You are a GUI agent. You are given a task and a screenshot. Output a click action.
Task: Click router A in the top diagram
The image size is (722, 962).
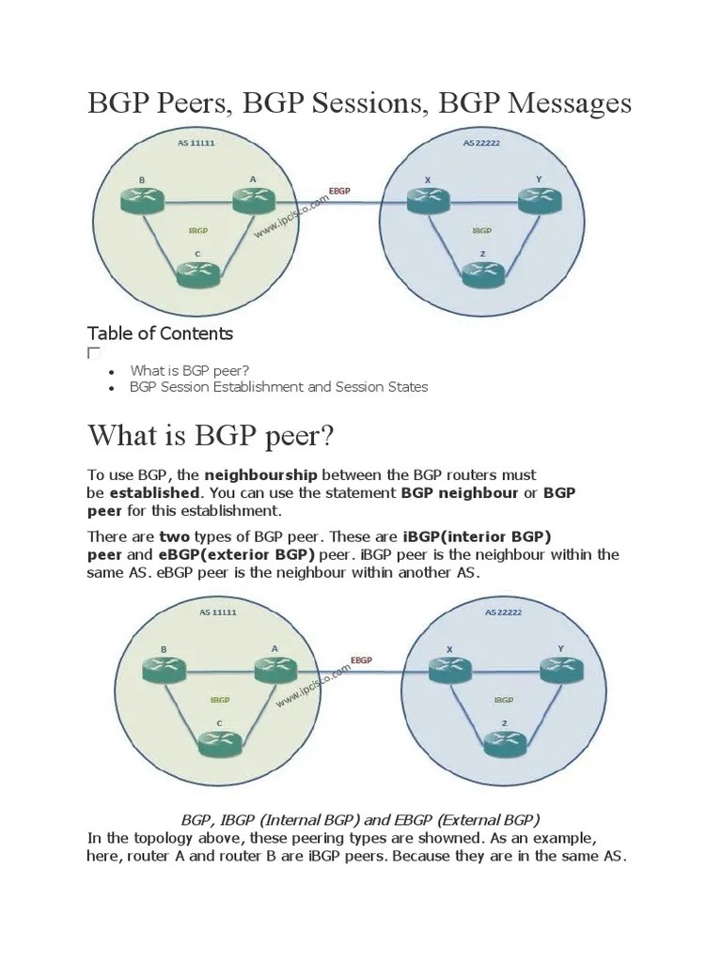[x=252, y=200]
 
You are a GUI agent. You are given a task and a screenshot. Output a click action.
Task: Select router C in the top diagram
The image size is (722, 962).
[x=198, y=272]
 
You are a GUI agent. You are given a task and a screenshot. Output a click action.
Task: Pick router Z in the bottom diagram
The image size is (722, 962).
[x=506, y=742]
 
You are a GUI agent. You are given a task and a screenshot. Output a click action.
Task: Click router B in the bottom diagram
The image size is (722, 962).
[x=165, y=670]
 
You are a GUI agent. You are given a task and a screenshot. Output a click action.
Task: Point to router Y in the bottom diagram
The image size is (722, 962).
[x=561, y=670]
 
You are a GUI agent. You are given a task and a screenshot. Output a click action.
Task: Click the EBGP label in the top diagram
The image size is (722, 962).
[x=339, y=191]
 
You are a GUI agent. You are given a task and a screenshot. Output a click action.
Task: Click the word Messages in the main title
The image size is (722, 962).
[x=570, y=102]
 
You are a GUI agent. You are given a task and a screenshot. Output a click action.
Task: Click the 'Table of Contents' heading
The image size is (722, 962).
[x=160, y=334]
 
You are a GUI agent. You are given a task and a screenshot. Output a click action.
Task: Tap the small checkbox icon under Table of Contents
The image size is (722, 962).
[x=93, y=353]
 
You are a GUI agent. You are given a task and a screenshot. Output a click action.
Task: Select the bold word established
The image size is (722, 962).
[x=154, y=492]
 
